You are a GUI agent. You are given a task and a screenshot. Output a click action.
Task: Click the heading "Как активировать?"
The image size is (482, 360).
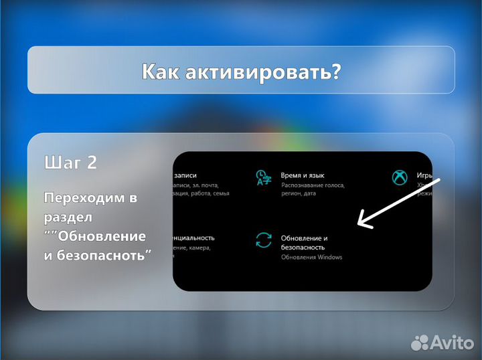241,71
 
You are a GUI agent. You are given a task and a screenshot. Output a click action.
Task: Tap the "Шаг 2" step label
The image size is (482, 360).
70,163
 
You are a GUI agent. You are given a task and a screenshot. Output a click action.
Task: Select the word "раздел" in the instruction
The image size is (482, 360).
67,217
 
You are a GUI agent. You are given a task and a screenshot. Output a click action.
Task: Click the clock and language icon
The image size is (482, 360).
263,178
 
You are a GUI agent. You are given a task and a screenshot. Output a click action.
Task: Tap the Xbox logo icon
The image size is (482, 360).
400,178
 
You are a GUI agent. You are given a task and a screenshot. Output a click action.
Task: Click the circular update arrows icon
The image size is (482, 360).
264,240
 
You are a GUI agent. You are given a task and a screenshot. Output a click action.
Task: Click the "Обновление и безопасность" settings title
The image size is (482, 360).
305,242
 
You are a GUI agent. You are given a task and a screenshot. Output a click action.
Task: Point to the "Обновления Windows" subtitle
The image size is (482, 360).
311,257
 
